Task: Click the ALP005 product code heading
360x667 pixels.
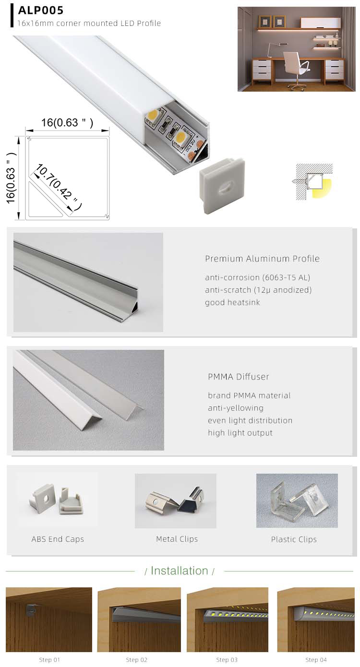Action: [41, 10]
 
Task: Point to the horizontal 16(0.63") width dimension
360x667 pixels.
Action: [67, 122]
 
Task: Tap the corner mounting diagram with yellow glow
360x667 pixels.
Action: [314, 181]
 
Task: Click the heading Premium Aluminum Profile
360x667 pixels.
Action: [262, 259]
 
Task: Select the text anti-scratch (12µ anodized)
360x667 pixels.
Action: [258, 290]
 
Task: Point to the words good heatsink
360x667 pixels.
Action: [232, 302]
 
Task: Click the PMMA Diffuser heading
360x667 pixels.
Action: [239, 377]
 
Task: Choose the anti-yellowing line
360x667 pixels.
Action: [236, 408]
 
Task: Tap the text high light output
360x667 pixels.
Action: [240, 433]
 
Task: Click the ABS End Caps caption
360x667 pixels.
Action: [58, 539]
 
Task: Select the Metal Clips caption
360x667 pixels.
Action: [177, 539]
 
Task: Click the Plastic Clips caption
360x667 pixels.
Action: [294, 539]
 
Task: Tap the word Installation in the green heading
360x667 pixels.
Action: [179, 571]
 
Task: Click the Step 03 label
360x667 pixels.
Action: [227, 660]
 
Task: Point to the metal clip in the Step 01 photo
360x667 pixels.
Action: [31, 610]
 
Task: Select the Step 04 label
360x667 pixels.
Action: [316, 660]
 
